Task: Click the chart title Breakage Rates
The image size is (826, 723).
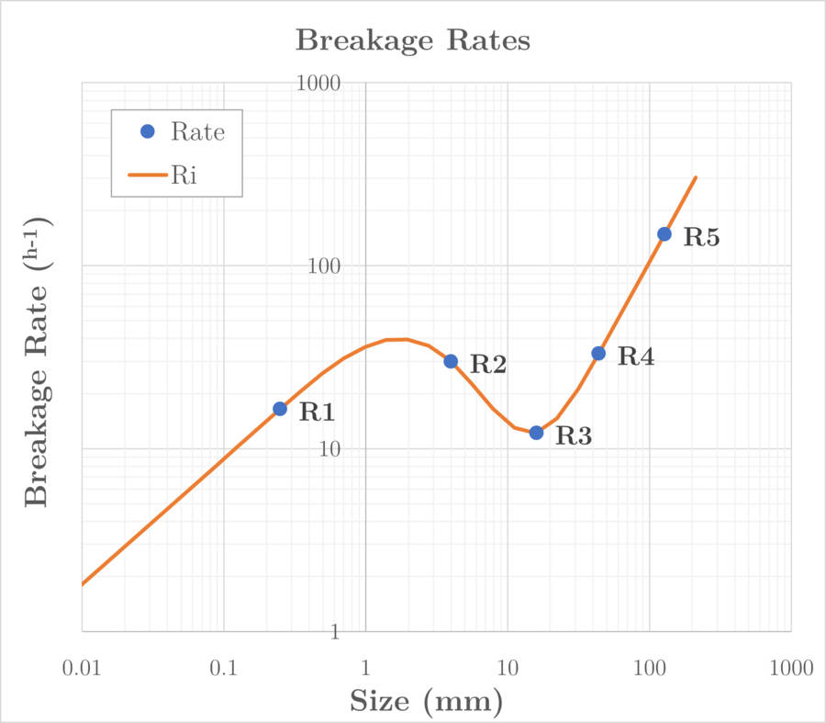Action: [413, 41]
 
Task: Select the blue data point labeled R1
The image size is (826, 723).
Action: [280, 409]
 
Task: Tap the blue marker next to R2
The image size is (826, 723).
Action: [451, 361]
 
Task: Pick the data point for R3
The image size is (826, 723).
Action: [536, 432]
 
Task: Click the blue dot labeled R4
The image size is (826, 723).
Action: [598, 353]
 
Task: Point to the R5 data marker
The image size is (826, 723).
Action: [664, 234]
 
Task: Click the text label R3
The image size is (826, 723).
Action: [574, 436]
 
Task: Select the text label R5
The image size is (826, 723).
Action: [701, 238]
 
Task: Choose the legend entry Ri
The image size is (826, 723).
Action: [184, 174]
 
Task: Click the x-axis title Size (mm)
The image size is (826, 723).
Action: [426, 702]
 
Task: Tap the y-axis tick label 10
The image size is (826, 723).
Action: [328, 449]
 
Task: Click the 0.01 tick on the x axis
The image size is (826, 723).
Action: [82, 668]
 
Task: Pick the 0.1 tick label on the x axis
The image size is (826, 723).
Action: [223, 668]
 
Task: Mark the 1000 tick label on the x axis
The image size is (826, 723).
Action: [791, 668]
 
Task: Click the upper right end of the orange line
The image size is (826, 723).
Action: [696, 177]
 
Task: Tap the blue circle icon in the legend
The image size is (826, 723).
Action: [148, 131]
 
